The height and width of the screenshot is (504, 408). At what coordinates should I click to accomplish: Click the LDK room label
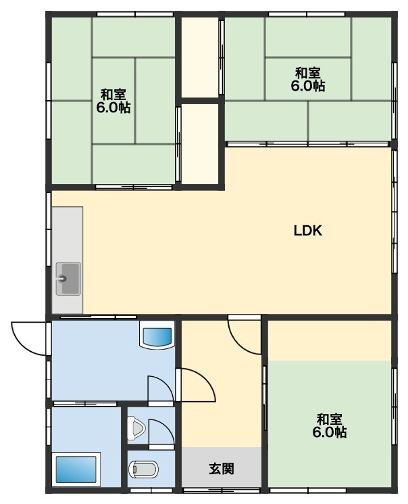point(308,231)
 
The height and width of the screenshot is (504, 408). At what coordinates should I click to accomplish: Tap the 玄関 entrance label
point(222,469)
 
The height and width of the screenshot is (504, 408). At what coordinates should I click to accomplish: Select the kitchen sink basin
point(68,279)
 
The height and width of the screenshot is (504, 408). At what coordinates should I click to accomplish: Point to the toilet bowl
point(143,469)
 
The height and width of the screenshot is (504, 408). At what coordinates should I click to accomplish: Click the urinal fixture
point(136,428)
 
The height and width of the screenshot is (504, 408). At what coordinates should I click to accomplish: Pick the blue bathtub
point(76,469)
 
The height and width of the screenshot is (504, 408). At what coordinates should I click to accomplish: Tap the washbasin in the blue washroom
point(157,338)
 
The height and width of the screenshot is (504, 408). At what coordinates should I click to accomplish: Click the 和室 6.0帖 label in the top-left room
point(113,101)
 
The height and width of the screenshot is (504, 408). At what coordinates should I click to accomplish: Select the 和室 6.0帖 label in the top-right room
point(308,79)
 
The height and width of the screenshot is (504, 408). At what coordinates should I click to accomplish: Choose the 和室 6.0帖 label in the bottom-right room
point(330,426)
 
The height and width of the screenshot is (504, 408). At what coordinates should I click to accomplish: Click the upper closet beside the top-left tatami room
point(201,58)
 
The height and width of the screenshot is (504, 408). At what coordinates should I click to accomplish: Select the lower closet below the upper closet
point(201,144)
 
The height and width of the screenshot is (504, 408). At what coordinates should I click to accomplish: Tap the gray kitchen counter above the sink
point(68,234)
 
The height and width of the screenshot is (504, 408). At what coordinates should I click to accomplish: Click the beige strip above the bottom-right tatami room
point(330,340)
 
